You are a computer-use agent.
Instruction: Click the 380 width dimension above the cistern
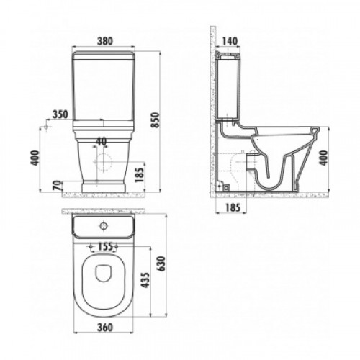point(105,41)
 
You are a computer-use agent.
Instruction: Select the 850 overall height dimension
point(156,120)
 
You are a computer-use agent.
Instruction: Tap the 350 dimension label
point(60,114)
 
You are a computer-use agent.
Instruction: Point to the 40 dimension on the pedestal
point(102,142)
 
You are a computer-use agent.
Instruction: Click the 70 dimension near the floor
point(58,185)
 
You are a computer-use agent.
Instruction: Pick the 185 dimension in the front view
point(139,175)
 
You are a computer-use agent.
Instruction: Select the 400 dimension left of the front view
point(35,158)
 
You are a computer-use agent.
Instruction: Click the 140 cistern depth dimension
point(230,41)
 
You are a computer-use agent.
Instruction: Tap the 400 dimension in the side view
point(323,158)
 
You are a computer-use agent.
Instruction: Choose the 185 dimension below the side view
point(233,207)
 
